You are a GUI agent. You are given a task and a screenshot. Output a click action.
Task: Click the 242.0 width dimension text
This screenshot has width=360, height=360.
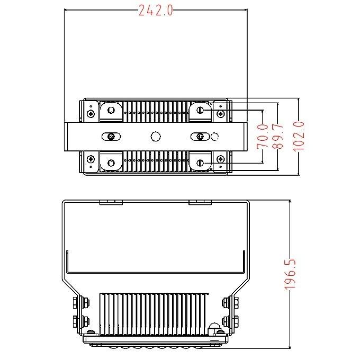(x=156, y=11)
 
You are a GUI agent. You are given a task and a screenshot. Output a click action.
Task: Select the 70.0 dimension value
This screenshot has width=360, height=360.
(x=261, y=136)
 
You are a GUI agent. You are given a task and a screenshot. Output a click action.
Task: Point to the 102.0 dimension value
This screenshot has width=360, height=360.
(x=299, y=136)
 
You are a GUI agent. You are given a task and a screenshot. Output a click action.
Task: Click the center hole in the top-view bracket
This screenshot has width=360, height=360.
(x=155, y=137)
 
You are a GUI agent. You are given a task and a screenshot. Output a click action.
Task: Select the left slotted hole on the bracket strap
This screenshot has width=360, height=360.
(x=111, y=137)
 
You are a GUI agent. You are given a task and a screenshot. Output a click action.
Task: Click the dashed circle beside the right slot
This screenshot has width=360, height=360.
(x=214, y=137)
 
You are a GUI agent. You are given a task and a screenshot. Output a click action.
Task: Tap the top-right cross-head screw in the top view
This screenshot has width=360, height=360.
(x=220, y=113)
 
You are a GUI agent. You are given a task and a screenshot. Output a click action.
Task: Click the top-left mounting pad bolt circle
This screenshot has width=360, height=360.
(x=111, y=110)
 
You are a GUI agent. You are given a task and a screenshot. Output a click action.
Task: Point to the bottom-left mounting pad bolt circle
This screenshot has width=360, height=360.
(x=111, y=163)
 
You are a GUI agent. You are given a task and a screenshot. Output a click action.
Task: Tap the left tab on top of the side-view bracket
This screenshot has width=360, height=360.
(x=111, y=201)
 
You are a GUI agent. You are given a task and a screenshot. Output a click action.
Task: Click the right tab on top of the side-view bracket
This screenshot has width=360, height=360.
(x=200, y=201)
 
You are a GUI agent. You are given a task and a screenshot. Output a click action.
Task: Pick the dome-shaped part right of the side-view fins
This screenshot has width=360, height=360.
(x=214, y=326)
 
